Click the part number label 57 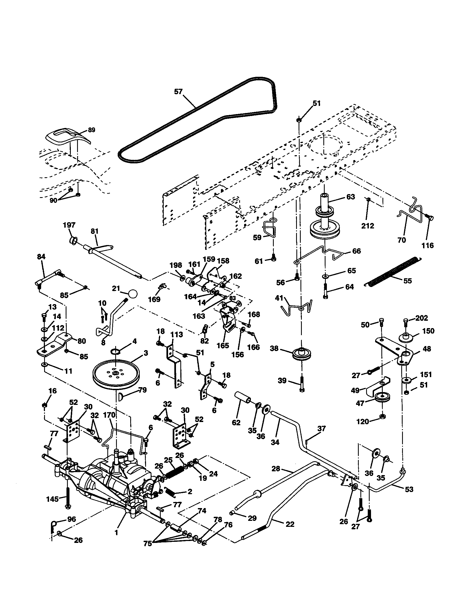click(x=178, y=91)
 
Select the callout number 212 click(x=367, y=226)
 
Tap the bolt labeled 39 click(x=302, y=384)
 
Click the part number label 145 click(x=52, y=499)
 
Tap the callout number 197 click(x=69, y=225)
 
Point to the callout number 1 click(x=116, y=532)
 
